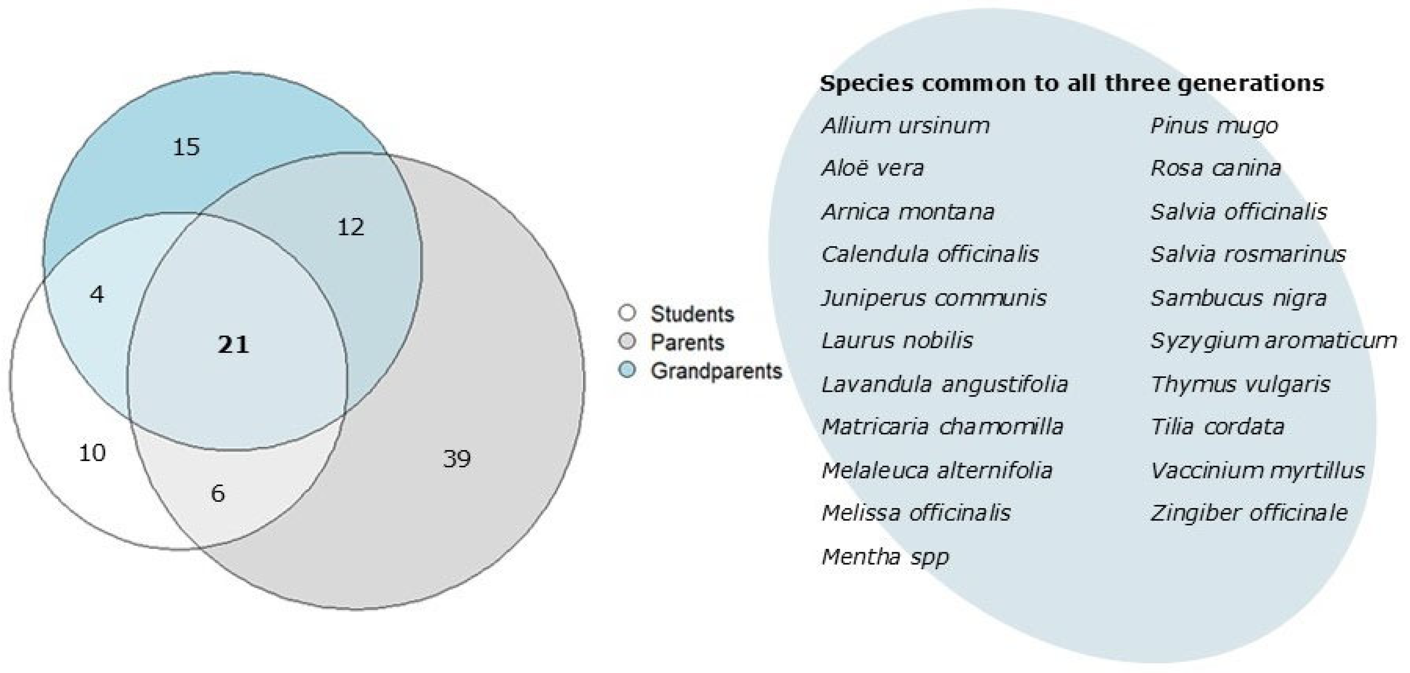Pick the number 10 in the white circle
pyautogui.click(x=92, y=453)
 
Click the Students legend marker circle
pyautogui.click(x=627, y=313)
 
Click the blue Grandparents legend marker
pyautogui.click(x=627, y=371)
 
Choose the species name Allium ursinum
pyautogui.click(x=905, y=126)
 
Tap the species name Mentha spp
pyautogui.click(x=885, y=557)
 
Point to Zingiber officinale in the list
pyautogui.click(x=1249, y=513)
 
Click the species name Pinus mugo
pyautogui.click(x=1214, y=126)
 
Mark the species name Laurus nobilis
pyautogui.click(x=897, y=341)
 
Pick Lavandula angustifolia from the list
pyautogui.click(x=945, y=384)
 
